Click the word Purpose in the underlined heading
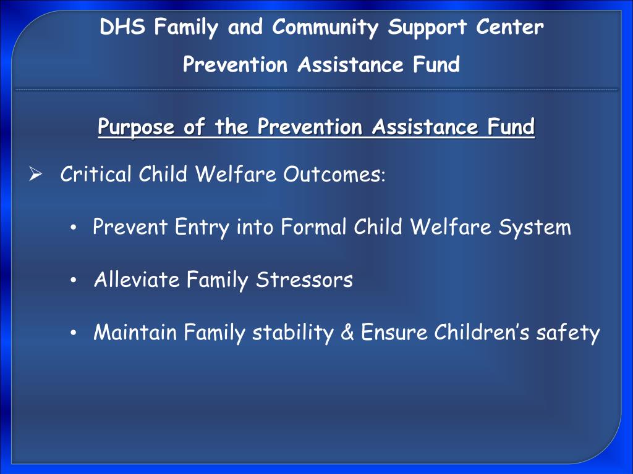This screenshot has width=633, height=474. [133, 128]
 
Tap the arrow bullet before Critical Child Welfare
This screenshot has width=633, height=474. [35, 175]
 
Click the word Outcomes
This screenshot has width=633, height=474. [332, 175]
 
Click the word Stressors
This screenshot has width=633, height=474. [304, 280]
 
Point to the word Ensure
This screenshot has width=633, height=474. [394, 333]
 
